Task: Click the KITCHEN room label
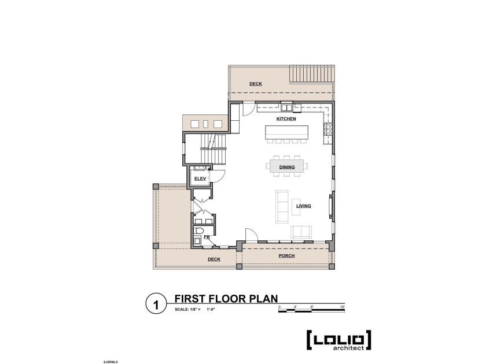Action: pyautogui.click(x=286, y=118)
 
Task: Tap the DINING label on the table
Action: pyautogui.click(x=287, y=167)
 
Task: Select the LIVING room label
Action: pyautogui.click(x=304, y=206)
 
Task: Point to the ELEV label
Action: pyautogui.click(x=200, y=179)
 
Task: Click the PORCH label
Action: pyautogui.click(x=286, y=255)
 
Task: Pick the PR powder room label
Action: pyautogui.click(x=206, y=237)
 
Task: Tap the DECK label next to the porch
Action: pyautogui.click(x=214, y=259)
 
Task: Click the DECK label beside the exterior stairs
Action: pyautogui.click(x=256, y=84)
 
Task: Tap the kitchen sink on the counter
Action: pyautogui.click(x=288, y=107)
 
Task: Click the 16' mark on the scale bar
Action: pyautogui.click(x=342, y=307)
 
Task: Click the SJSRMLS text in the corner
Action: pyautogui.click(x=95, y=361)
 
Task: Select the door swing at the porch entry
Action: pyautogui.click(x=251, y=235)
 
